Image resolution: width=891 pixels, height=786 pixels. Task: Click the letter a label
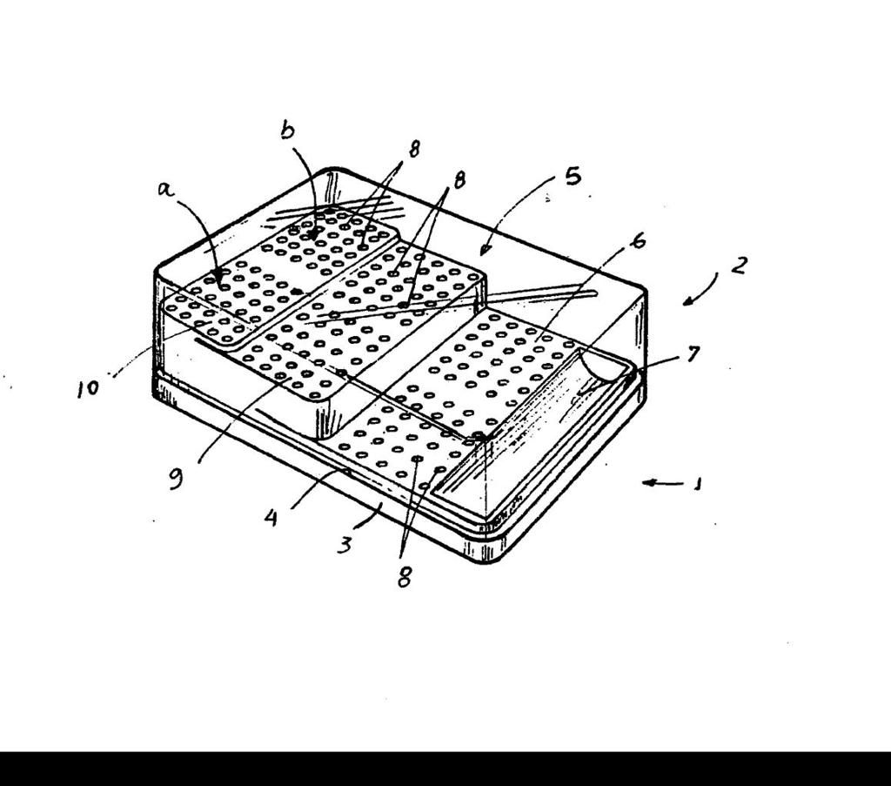point(165,189)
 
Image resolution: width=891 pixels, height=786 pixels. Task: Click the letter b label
point(288,131)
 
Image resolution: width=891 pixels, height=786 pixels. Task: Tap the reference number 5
point(573,176)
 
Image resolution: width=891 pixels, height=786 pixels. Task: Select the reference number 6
point(639,240)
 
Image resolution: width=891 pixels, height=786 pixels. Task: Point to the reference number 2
point(738,265)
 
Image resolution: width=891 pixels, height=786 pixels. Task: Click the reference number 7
point(693,353)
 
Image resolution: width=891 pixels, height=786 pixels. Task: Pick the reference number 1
point(698,484)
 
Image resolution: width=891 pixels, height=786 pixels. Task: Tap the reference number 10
point(88,389)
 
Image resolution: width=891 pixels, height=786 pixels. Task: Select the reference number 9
point(176,479)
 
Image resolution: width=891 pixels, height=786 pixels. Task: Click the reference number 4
point(271,518)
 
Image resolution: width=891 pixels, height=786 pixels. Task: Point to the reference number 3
point(345,545)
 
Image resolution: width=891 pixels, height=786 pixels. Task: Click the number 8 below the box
point(404,577)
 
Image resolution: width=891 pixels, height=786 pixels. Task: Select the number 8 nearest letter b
point(414,149)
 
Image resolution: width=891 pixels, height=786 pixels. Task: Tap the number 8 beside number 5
point(459,179)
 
